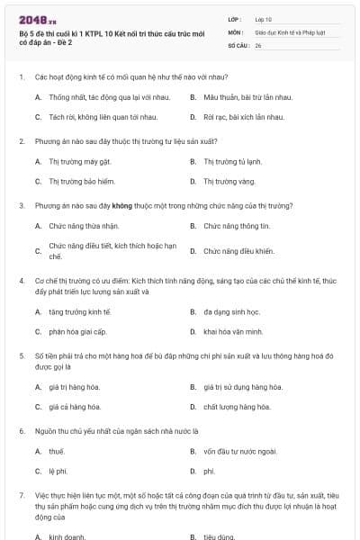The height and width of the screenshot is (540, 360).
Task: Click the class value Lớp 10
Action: click(x=263, y=18)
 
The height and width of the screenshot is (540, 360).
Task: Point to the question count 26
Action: click(x=258, y=43)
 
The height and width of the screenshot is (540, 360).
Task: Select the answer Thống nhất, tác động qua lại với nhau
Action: click(x=108, y=96)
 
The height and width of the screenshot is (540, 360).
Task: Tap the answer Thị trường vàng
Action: click(x=229, y=181)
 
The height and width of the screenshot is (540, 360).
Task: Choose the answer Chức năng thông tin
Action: click(x=236, y=226)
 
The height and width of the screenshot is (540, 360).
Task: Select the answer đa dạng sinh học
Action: click(x=231, y=311)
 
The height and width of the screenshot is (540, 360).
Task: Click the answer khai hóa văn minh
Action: click(x=233, y=331)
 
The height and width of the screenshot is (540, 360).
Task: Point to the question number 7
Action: click(x=21, y=495)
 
